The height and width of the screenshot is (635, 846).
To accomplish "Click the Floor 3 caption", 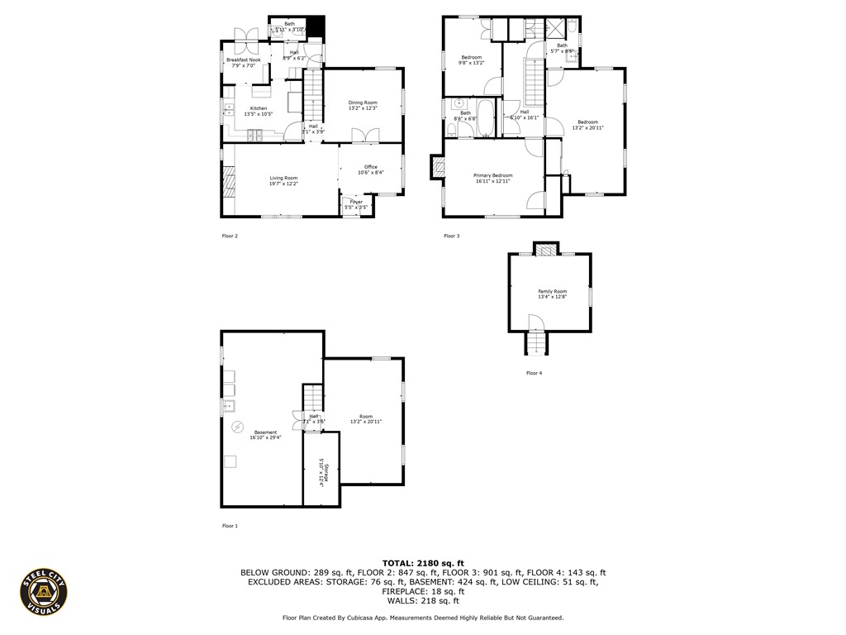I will tap(451, 236).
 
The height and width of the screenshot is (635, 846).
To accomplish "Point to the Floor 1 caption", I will tap(230, 526).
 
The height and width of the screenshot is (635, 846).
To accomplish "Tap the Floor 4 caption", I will tap(535, 374).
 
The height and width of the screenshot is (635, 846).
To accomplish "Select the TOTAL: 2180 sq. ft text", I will tap(422, 562).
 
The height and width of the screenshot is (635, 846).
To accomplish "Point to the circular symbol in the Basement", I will tap(238, 427).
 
